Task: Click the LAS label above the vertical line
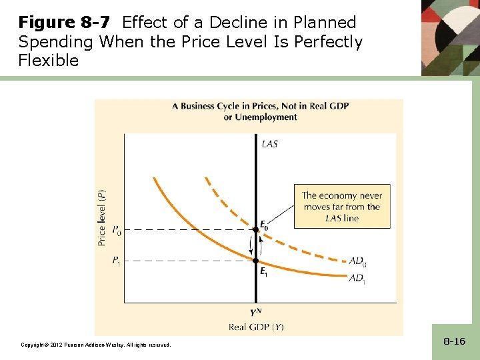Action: click(270, 143)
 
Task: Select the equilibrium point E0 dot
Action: click(256, 230)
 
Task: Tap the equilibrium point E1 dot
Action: click(256, 260)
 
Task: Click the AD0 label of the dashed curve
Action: click(358, 262)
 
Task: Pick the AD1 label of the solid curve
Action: click(358, 278)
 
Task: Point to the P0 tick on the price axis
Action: click(116, 230)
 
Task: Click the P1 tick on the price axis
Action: click(116, 260)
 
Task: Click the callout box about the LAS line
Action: click(341, 207)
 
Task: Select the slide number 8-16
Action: click(454, 341)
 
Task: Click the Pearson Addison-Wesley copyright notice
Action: click(96, 345)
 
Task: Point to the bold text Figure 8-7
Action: click(64, 23)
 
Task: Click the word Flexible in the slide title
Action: click(49, 61)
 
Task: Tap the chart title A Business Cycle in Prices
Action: click(260, 106)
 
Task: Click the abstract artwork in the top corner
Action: click(451, 37)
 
